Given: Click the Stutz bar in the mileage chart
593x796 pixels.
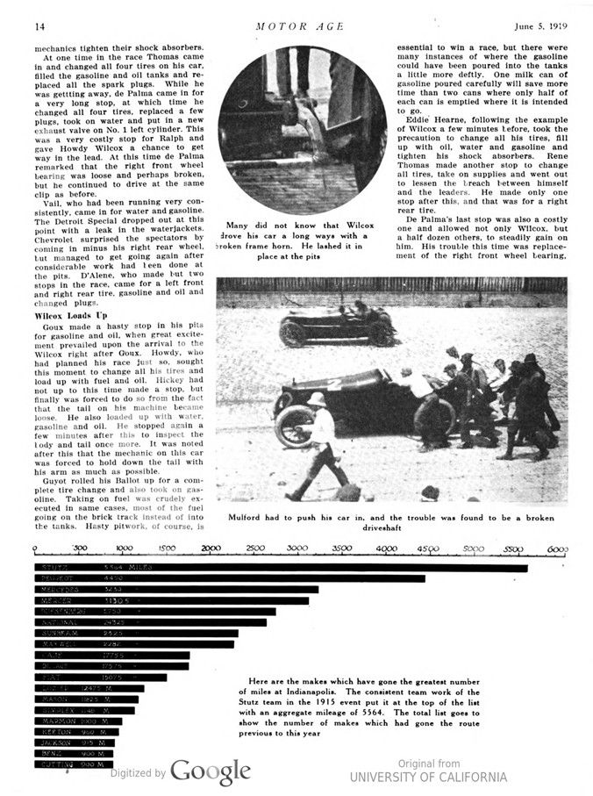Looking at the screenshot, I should click(x=281, y=568).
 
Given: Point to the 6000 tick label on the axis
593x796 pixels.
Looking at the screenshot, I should click(x=557, y=549).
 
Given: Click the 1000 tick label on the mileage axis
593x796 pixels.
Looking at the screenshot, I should click(x=125, y=549).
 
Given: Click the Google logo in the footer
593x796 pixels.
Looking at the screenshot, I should click(x=211, y=771).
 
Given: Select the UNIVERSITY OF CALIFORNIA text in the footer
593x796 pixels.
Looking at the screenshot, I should click(x=428, y=777).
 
